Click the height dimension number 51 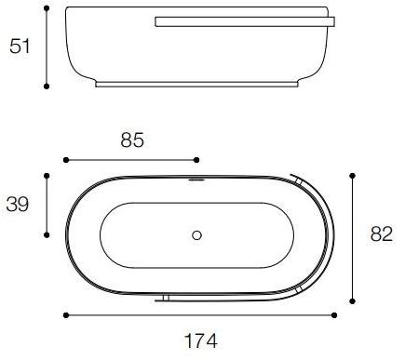point(20,47)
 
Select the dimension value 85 point(133,141)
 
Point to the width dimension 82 point(381,235)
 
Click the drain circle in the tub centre point(196,235)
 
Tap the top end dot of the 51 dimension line point(47,10)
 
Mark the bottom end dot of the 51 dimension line point(47,87)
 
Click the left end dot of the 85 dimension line point(65,160)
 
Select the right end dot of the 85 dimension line point(197,160)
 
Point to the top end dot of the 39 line point(47,174)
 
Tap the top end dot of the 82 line point(353,174)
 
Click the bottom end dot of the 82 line point(353,300)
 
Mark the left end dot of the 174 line point(65,315)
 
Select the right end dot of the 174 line point(333,315)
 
